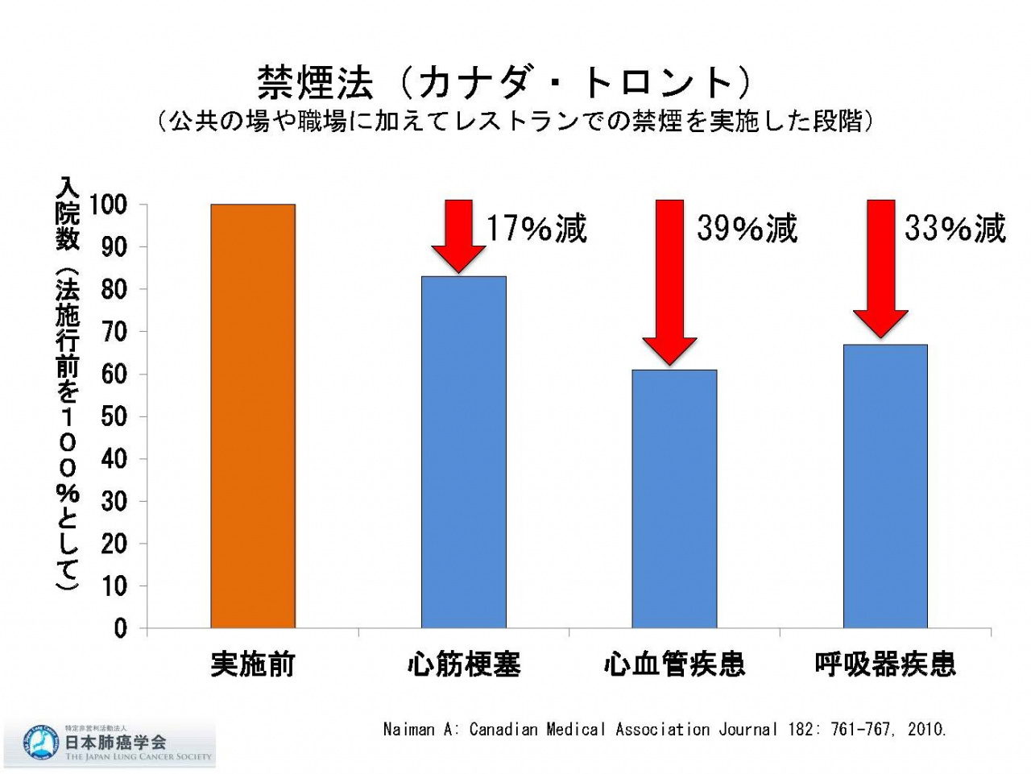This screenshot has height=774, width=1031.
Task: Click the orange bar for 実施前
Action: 253,416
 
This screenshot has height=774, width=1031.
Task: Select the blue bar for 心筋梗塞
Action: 464,452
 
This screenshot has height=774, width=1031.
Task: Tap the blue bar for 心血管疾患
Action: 674,499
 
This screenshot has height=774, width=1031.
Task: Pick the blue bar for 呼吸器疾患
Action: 885,486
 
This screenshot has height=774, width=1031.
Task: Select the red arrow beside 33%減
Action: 880,267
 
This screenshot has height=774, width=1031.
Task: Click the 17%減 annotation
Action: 536,229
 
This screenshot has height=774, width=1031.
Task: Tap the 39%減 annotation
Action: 747,229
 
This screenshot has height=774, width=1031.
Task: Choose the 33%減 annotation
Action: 955,229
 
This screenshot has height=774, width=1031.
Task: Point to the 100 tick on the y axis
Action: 108,205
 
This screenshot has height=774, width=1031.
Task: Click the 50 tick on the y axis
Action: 114,416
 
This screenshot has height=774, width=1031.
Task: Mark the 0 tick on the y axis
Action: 120,628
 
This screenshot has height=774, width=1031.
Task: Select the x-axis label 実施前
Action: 253,664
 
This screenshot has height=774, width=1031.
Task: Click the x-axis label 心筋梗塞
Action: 464,664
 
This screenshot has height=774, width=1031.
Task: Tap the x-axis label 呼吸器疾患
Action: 885,664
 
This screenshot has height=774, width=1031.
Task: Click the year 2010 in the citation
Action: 925,730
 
